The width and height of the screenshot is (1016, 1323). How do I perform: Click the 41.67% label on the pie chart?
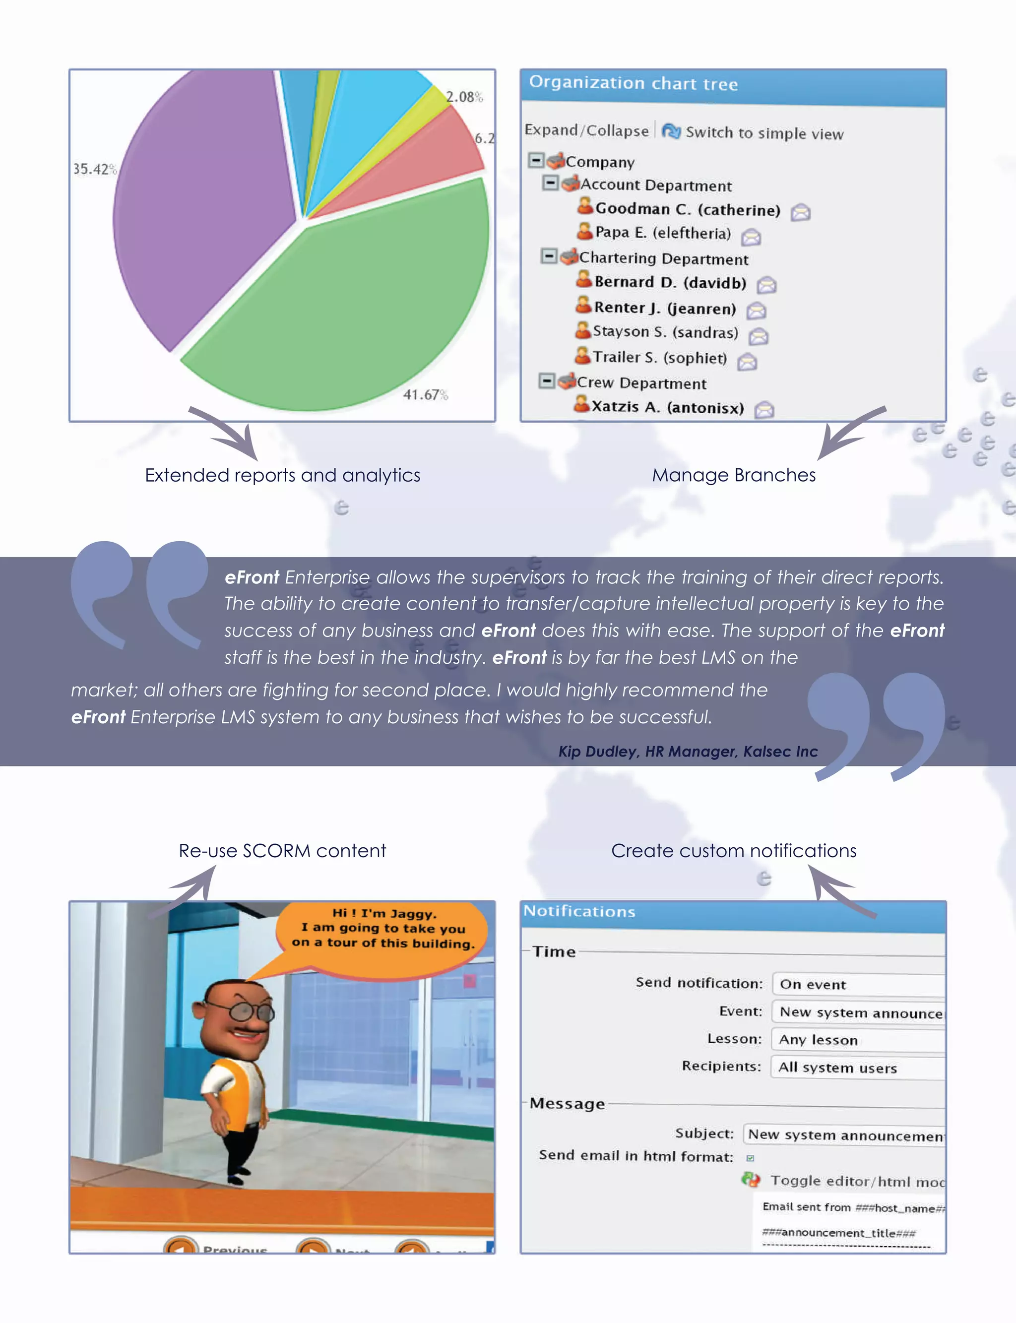[x=425, y=395]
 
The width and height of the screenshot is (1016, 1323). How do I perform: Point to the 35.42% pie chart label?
[x=94, y=169]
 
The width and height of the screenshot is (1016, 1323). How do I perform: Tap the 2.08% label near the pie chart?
[x=464, y=97]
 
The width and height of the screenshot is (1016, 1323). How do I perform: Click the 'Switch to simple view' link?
[x=764, y=133]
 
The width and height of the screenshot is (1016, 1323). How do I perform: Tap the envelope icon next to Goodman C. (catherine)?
[x=801, y=212]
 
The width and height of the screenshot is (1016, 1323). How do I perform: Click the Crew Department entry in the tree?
[x=641, y=383]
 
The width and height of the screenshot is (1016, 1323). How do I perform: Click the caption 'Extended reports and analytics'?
[x=282, y=475]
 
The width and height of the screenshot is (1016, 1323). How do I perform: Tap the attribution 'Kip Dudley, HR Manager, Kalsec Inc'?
[x=688, y=752]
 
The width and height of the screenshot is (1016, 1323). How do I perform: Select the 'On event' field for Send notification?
[x=859, y=984]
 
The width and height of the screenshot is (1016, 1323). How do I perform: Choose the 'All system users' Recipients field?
[x=859, y=1068]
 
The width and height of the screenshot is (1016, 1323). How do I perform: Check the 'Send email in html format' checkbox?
[x=751, y=1158]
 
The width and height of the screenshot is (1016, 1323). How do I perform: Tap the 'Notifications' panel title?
[x=579, y=911]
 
